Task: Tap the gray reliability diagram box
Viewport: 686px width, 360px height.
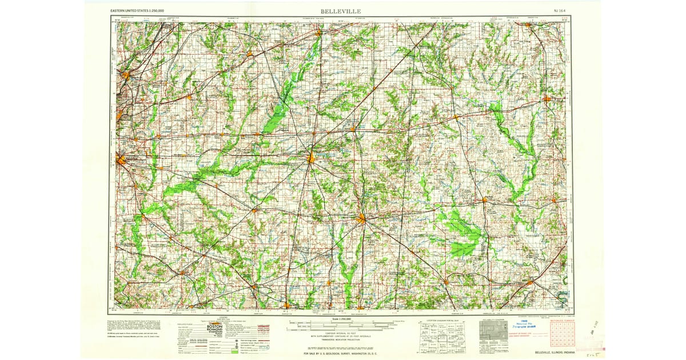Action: pyautogui.click(x=492, y=331)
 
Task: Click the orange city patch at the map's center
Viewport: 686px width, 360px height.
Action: pyautogui.click(x=310, y=158)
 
